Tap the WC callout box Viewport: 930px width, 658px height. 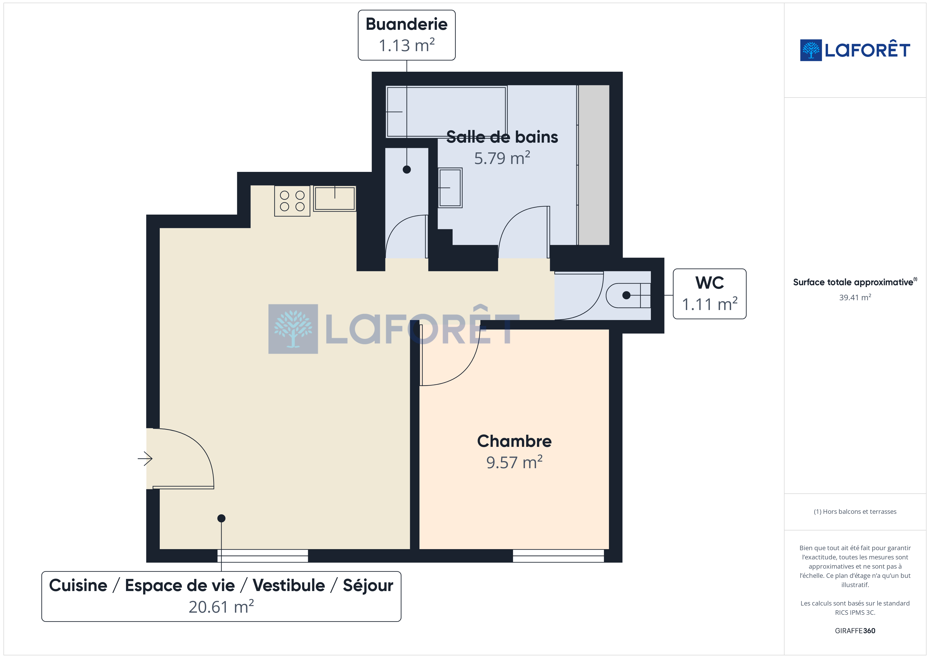tap(709, 294)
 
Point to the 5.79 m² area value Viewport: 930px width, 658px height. tap(502, 158)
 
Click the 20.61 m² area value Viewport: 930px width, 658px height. tap(221, 607)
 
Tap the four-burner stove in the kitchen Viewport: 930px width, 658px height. tap(292, 201)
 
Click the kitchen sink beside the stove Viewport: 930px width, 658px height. tap(335, 199)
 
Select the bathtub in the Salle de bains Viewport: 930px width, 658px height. tap(446, 112)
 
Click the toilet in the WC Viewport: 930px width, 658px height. tap(628, 295)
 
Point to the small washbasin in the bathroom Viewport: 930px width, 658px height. tap(450, 188)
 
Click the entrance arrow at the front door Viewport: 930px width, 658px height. tap(145, 459)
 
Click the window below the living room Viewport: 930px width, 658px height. tap(263, 555)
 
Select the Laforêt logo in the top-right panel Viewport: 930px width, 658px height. tap(855, 50)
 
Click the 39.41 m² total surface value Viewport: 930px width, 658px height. tap(855, 297)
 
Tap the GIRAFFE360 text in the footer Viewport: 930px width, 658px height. tap(855, 630)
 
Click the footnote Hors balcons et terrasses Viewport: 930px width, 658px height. tap(855, 511)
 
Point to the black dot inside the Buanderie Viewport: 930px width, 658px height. tap(407, 170)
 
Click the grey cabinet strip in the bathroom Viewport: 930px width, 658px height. tap(594, 165)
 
